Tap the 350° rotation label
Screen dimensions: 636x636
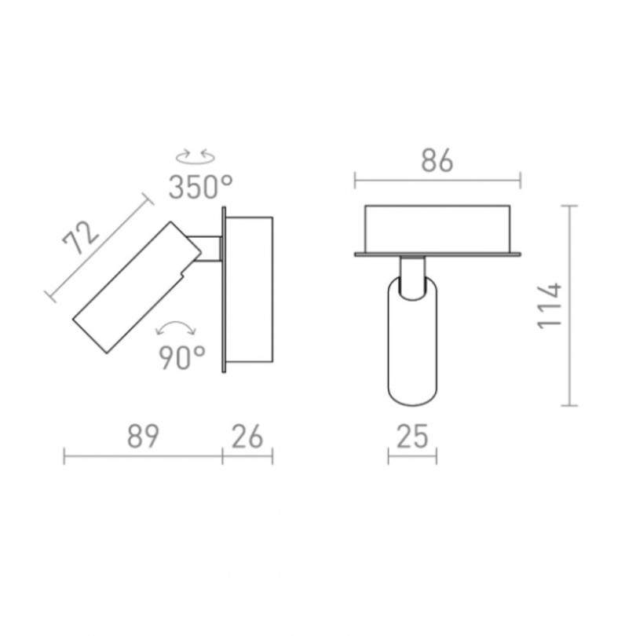(x=201, y=186)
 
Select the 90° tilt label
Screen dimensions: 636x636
(x=182, y=357)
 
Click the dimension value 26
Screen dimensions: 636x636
(x=247, y=437)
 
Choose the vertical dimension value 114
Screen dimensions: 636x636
(x=552, y=305)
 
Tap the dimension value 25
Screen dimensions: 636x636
(x=413, y=437)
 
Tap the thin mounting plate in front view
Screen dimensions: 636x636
(x=437, y=254)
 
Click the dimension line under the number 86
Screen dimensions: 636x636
(x=437, y=183)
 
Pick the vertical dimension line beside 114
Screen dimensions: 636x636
(x=571, y=305)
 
